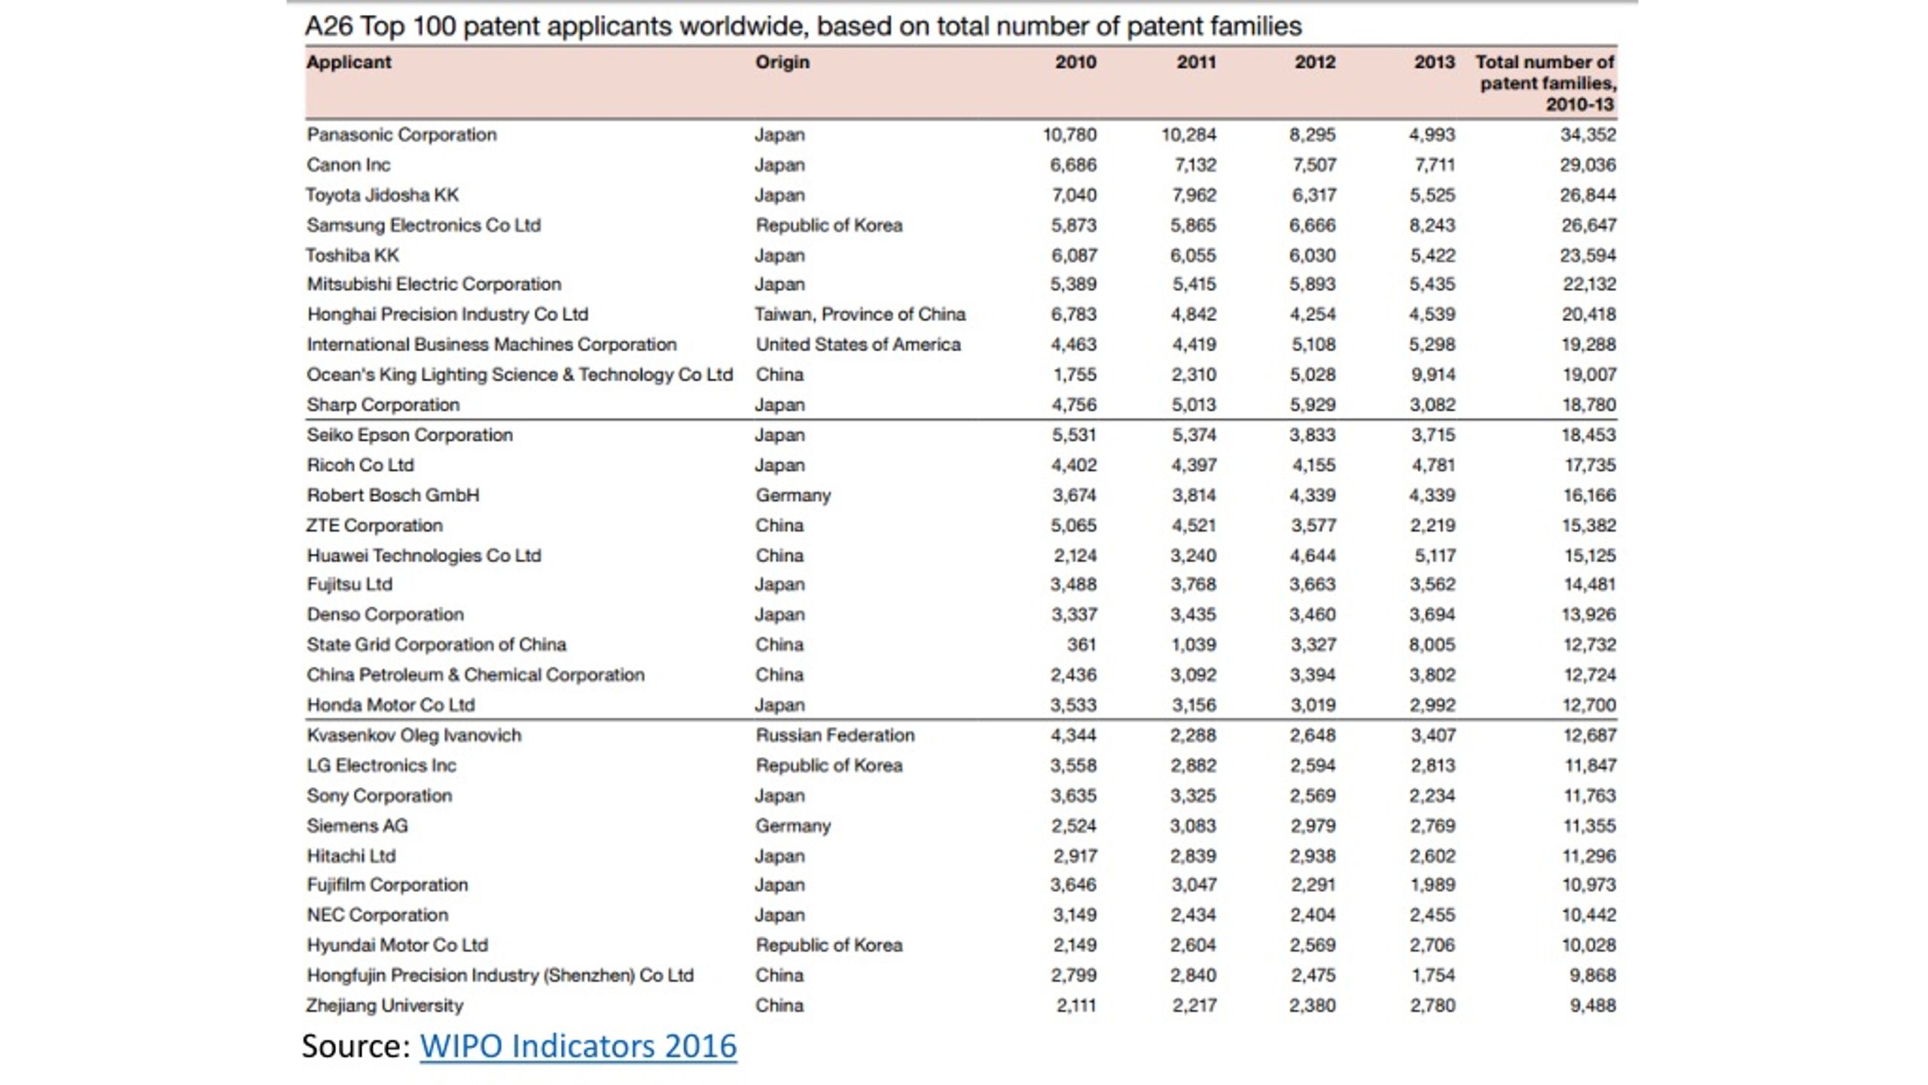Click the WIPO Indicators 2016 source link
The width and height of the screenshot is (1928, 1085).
pyautogui.click(x=578, y=1046)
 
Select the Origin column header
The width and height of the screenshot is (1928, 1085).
pyautogui.click(x=782, y=62)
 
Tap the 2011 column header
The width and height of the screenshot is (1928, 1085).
pyautogui.click(x=1196, y=62)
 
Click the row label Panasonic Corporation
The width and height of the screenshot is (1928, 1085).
pyautogui.click(x=401, y=135)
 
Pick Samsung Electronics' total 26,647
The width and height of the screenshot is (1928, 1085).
pyautogui.click(x=1588, y=225)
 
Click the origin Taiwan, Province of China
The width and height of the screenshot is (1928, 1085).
pyautogui.click(x=860, y=314)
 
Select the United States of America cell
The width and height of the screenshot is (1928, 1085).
pyautogui.click(x=858, y=344)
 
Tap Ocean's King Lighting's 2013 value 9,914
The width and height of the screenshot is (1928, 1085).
pyautogui.click(x=1432, y=374)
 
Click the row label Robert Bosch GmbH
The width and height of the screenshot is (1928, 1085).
pyautogui.click(x=392, y=495)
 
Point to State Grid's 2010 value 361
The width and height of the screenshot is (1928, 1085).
pyautogui.click(x=1081, y=645)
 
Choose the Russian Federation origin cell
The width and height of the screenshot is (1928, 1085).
pyautogui.click(x=835, y=735)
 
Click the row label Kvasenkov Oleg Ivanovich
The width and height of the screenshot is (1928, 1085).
pyautogui.click(x=413, y=735)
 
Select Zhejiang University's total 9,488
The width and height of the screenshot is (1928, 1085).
pyautogui.click(x=1592, y=1005)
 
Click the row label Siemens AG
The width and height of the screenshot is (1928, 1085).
pyautogui.click(x=357, y=826)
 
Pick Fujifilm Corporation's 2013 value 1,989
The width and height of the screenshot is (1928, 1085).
pyautogui.click(x=1432, y=885)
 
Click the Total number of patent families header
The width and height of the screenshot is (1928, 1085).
pyautogui.click(x=1545, y=83)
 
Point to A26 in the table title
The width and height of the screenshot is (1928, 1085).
pyautogui.click(x=329, y=26)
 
